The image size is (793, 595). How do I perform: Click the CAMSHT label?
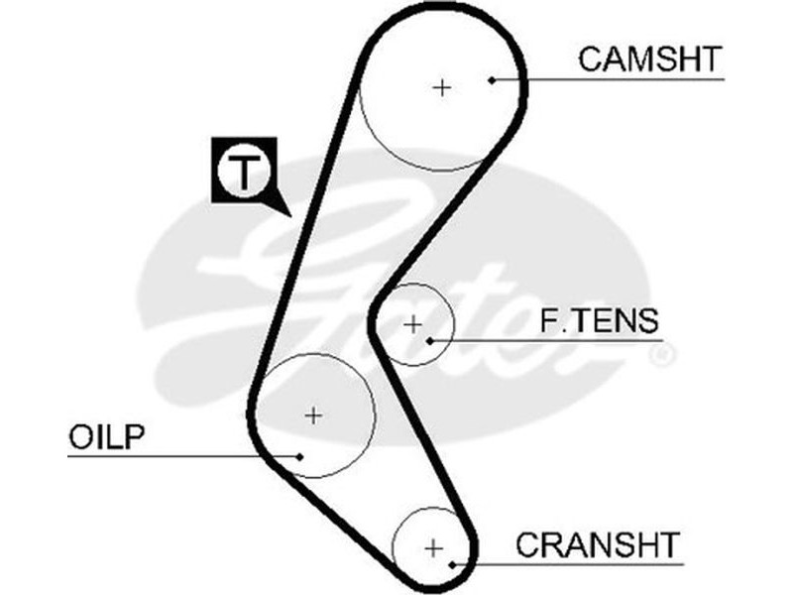(x=649, y=59)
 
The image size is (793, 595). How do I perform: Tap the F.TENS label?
(x=599, y=321)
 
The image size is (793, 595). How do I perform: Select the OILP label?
(x=108, y=436)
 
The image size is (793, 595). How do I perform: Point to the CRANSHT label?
(x=598, y=544)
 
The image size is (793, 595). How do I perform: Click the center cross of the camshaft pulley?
(x=442, y=87)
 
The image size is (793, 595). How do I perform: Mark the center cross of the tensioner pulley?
(x=413, y=323)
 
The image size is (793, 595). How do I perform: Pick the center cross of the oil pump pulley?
(x=313, y=415)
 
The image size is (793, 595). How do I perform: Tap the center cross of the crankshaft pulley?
(x=433, y=546)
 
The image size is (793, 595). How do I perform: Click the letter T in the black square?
(x=244, y=172)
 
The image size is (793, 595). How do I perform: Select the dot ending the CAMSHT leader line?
(x=493, y=78)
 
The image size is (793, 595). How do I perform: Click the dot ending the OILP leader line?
(x=300, y=456)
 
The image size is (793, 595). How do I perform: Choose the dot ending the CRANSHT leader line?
(x=453, y=564)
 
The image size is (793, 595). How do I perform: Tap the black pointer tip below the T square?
(x=287, y=214)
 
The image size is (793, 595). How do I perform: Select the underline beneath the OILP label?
(x=149, y=456)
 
